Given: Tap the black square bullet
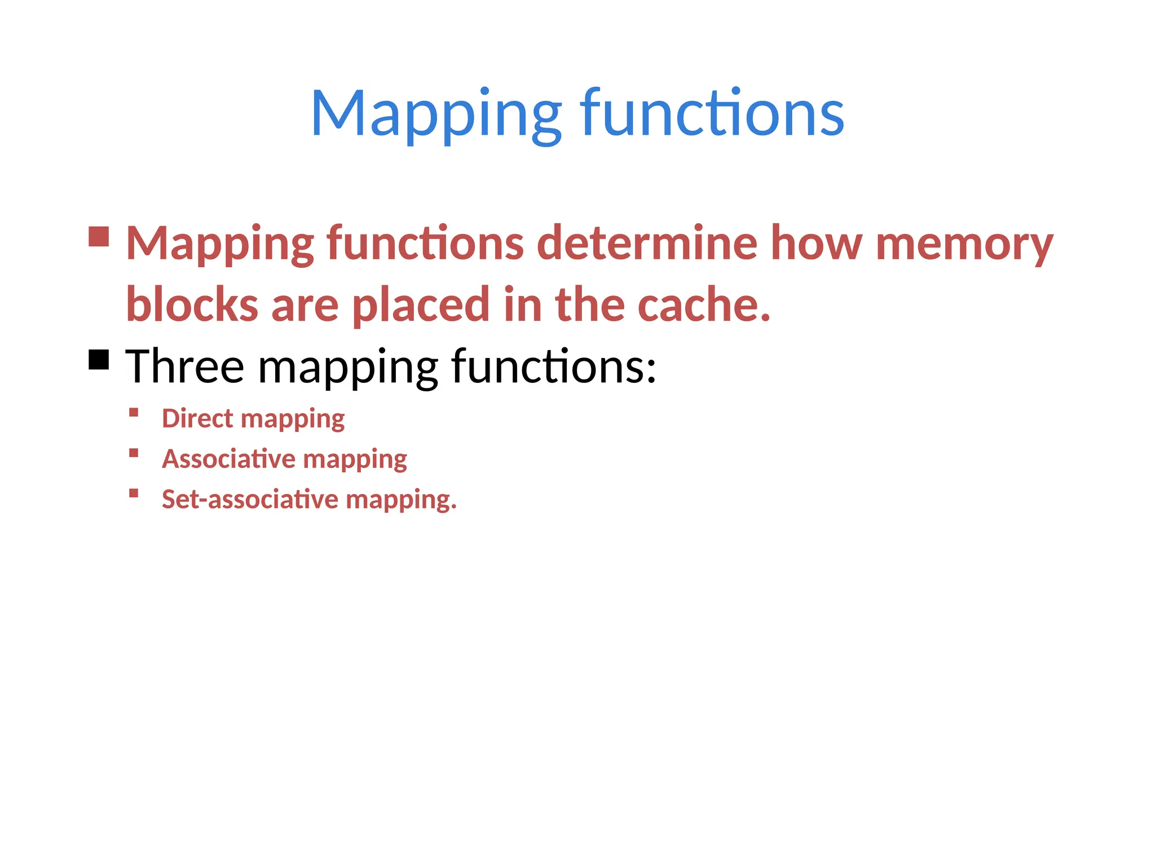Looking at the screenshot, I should coord(99,359).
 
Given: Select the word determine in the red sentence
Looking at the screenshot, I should coord(647,243).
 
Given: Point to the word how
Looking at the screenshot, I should coord(816,243).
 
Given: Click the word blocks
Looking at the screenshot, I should coord(192,304).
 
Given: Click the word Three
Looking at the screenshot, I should coord(184,366).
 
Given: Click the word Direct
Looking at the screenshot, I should coord(197,418).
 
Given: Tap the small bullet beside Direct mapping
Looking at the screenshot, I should coord(134,412).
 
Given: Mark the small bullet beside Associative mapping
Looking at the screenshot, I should coord(134,453).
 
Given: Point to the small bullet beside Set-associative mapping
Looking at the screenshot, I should coord(134,493).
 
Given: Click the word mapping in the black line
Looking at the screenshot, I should coord(347,369).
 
